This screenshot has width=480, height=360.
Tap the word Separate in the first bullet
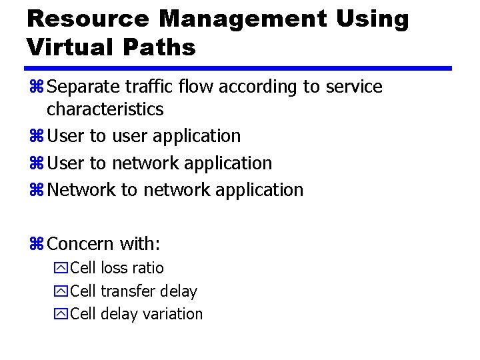pyautogui.click(x=84, y=87)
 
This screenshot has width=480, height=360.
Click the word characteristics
pyautogui.click(x=105, y=109)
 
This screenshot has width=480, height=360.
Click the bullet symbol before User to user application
pyautogui.click(x=36, y=137)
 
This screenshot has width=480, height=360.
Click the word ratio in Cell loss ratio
pyautogui.click(x=148, y=268)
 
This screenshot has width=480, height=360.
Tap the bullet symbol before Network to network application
pyautogui.click(x=36, y=191)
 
